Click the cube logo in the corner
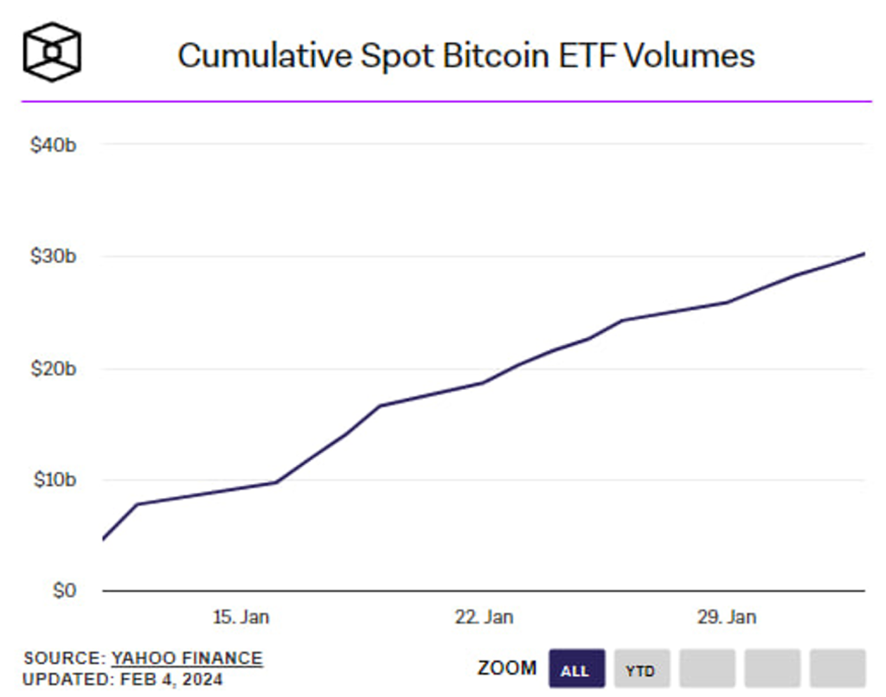tap(52, 51)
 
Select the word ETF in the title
tap(588, 55)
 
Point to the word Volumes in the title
tap(690, 55)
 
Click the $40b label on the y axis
tap(53, 145)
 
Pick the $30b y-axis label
tap(53, 257)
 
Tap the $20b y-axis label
tap(53, 369)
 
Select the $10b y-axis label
tap(53, 480)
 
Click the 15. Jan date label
tap(241, 617)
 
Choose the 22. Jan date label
tap(484, 617)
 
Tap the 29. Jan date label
tap(727, 617)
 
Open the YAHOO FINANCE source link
tap(187, 659)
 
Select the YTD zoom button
tap(640, 670)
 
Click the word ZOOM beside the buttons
tap(507, 668)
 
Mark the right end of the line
tap(864, 253)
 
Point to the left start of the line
tap(103, 540)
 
